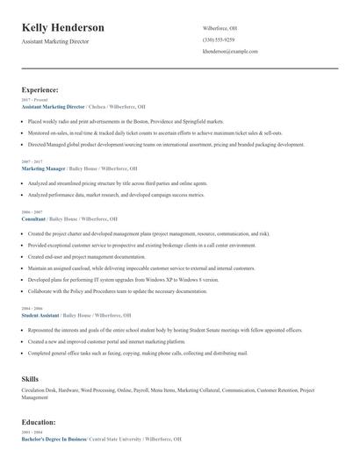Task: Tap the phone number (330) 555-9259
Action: point(218,39)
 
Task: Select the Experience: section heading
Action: point(40,89)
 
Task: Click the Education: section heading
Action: point(39,422)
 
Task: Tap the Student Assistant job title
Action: point(41,314)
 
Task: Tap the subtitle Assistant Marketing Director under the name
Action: point(61,41)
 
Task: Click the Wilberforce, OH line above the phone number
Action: point(220,27)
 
